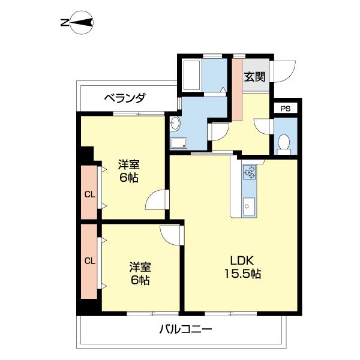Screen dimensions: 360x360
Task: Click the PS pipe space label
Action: click(286, 109)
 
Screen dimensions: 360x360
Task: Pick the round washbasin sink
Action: click(175, 124)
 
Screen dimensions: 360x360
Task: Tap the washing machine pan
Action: click(179, 143)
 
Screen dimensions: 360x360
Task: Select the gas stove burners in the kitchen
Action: click(249, 172)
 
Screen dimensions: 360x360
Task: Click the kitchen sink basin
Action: click(248, 208)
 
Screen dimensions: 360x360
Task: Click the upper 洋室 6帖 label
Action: click(127, 171)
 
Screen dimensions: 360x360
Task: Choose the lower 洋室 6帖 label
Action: click(139, 274)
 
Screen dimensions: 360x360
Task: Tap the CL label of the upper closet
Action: click(89, 194)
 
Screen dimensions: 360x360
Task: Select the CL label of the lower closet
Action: click(89, 260)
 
